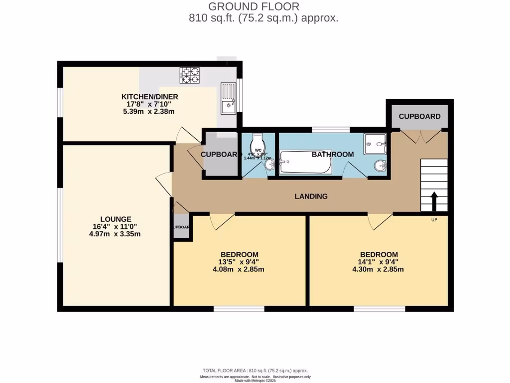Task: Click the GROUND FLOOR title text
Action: pyautogui.click(x=254, y=6)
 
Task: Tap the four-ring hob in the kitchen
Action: pyautogui.click(x=189, y=75)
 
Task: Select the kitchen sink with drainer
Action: pyautogui.click(x=229, y=98)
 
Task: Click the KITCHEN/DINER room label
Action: pyautogui.click(x=150, y=97)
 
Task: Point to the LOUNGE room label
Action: pyautogui.click(x=116, y=219)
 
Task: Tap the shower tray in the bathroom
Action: pyautogui.click(x=375, y=144)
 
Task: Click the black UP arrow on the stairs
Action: pyautogui.click(x=434, y=201)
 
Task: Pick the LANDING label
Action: pyautogui.click(x=311, y=196)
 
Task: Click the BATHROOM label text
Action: pyautogui.click(x=333, y=154)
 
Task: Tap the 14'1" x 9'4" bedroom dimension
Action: pyautogui.click(x=379, y=262)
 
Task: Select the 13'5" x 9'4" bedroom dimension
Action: pyautogui.click(x=238, y=262)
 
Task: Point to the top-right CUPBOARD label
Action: pyautogui.click(x=419, y=116)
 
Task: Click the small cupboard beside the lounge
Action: pyautogui.click(x=181, y=227)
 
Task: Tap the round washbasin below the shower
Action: pyautogui.click(x=381, y=165)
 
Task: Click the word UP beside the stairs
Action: pyautogui.click(x=434, y=219)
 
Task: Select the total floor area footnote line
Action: pyautogui.click(x=255, y=371)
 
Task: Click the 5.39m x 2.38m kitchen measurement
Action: pyautogui.click(x=150, y=112)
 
